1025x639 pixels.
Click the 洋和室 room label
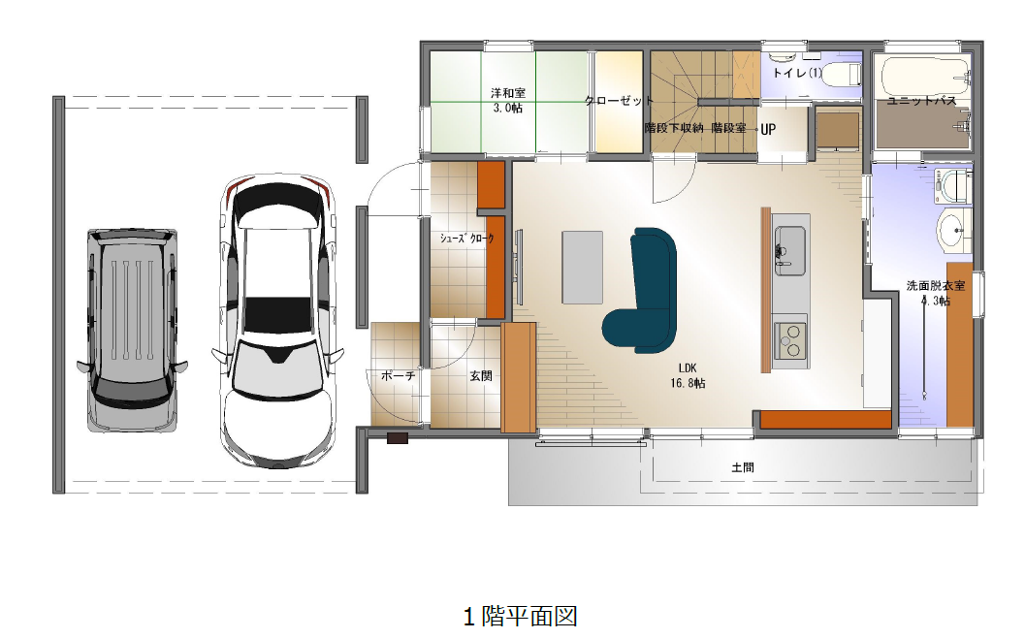pyautogui.click(x=508, y=93)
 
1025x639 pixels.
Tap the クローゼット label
pyautogui.click(x=619, y=101)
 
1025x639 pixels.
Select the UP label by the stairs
pyautogui.click(x=768, y=129)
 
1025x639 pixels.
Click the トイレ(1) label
pyautogui.click(x=797, y=73)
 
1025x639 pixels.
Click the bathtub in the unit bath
pyautogui.click(x=924, y=77)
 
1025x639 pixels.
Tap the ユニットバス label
pyautogui.click(x=921, y=101)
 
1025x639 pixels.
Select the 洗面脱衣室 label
pyautogui.click(x=936, y=285)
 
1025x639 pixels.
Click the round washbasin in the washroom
pyautogui.click(x=955, y=230)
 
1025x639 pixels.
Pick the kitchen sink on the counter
pyautogui.click(x=789, y=250)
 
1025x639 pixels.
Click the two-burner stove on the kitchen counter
pyautogui.click(x=790, y=339)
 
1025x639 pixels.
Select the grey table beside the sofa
pyautogui.click(x=583, y=268)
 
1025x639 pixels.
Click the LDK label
pyautogui.click(x=687, y=368)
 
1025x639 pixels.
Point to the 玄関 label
pyautogui.click(x=481, y=376)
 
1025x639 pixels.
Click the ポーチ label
pyautogui.click(x=398, y=376)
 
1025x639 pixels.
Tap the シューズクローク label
pyautogui.click(x=466, y=239)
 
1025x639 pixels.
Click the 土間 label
pyautogui.click(x=743, y=467)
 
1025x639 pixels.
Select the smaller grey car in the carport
pyautogui.click(x=133, y=331)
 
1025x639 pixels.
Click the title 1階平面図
pyautogui.click(x=521, y=616)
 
